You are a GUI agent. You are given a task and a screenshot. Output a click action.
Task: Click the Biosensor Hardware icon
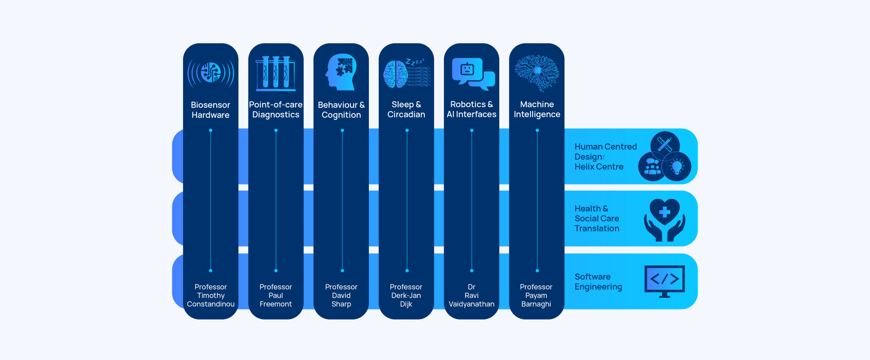(x=211, y=72)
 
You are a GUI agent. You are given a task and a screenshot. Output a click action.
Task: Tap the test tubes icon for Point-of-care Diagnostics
(x=276, y=73)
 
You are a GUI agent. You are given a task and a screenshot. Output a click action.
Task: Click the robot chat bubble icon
(x=472, y=73)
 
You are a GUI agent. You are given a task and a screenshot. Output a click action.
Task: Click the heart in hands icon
(x=664, y=220)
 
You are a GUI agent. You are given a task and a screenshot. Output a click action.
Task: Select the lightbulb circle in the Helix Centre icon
(x=677, y=166)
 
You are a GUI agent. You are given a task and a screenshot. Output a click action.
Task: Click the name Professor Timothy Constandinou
(x=211, y=296)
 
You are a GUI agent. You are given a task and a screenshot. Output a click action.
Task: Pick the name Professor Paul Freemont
(x=276, y=296)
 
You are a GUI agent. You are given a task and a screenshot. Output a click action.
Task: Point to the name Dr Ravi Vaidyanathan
(x=471, y=296)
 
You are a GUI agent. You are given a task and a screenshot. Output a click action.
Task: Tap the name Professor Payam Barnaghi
(x=536, y=296)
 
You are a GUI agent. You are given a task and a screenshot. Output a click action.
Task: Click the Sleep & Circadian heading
(x=406, y=109)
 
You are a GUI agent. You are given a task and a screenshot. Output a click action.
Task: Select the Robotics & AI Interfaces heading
(x=471, y=109)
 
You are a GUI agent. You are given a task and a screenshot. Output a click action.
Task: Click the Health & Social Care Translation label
(x=597, y=219)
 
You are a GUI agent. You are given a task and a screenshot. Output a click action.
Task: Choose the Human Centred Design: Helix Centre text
(x=605, y=157)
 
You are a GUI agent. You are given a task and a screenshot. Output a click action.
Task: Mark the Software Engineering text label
(x=598, y=282)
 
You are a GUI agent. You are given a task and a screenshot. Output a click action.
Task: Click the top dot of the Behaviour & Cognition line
(x=342, y=130)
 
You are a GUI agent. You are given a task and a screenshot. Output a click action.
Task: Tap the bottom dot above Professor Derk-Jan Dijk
(x=407, y=270)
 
